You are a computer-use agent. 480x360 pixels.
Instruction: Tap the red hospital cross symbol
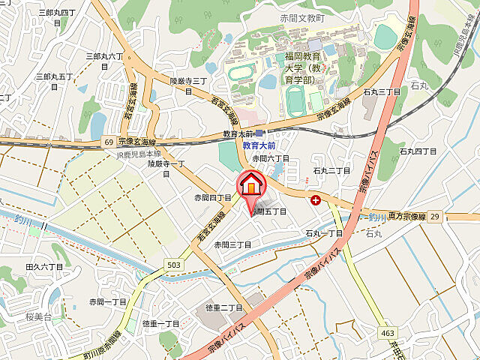(x=316, y=200)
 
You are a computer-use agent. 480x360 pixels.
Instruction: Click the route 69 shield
(x=109, y=141)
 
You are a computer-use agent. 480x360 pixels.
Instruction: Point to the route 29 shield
(x=435, y=216)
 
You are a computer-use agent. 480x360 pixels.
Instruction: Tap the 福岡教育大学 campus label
(x=302, y=67)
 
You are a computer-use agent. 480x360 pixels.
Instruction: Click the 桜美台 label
(x=39, y=317)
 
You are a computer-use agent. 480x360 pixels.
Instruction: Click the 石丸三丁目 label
(x=381, y=91)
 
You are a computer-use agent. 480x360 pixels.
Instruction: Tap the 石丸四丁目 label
(x=417, y=151)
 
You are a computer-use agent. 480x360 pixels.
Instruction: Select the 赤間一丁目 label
(x=107, y=301)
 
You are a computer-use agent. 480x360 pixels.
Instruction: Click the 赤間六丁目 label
(x=270, y=158)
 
